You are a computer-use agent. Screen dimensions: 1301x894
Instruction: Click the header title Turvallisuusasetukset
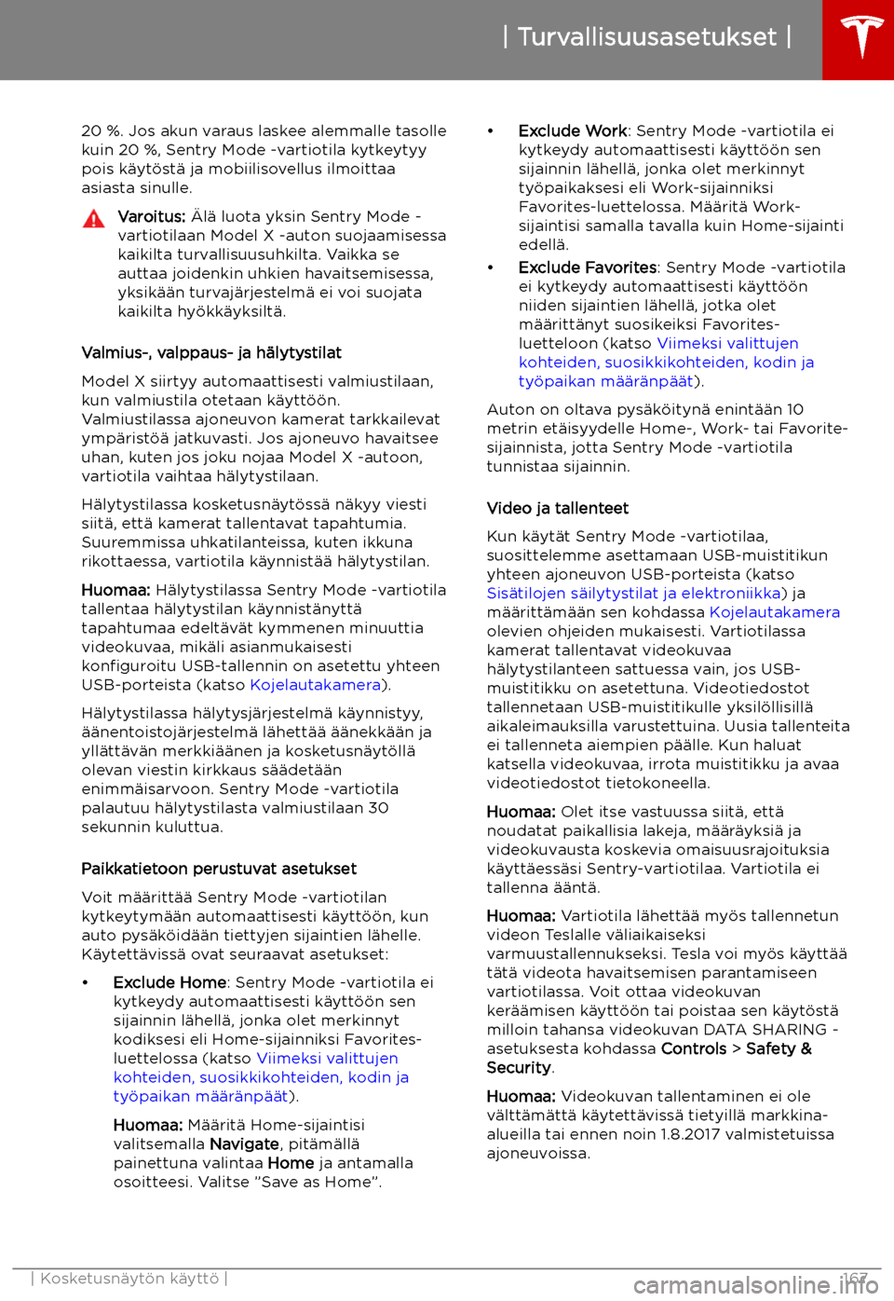coord(646,37)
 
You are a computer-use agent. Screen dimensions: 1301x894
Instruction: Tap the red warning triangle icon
coord(93,220)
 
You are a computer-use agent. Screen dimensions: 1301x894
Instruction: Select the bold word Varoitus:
coord(152,216)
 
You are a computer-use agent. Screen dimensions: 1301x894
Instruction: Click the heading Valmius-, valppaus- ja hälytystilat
coord(211,352)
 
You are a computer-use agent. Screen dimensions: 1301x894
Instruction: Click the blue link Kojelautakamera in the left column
coord(316,685)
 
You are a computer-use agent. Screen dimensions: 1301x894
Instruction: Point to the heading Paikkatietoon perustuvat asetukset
coord(219,869)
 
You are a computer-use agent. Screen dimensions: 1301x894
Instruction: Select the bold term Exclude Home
coord(169,982)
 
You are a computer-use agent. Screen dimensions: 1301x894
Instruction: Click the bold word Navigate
coord(245,1144)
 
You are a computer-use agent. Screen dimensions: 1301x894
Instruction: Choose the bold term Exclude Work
coord(573,130)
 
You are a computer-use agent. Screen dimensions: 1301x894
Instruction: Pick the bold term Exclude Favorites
coord(588,267)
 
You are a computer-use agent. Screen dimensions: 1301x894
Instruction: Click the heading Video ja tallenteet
coord(558,508)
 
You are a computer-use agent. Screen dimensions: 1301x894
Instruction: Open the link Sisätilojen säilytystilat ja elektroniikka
coord(634,593)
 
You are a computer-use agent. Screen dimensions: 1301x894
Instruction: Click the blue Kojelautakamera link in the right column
coord(775,612)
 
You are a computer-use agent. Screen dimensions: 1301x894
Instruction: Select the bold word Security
coord(519,1067)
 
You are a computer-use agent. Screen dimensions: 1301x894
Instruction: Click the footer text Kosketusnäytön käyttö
coord(129,1279)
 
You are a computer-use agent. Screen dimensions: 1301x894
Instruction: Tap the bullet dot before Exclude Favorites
coord(491,267)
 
